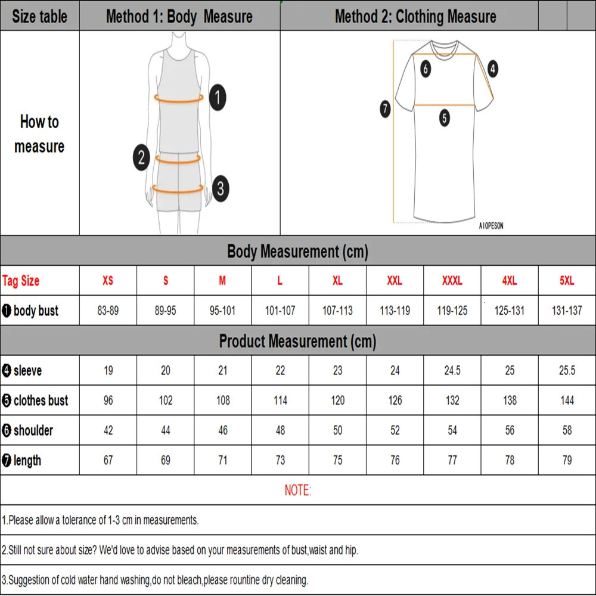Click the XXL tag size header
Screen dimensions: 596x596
tap(395, 281)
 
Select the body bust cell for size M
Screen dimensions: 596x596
tap(223, 311)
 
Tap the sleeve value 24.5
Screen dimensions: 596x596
tap(452, 371)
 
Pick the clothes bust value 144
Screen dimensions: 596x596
tap(567, 401)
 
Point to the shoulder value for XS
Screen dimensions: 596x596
tap(108, 430)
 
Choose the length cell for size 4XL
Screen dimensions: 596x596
tap(510, 460)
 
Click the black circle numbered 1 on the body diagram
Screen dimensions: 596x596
tap(218, 97)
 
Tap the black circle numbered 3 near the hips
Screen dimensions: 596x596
tap(220, 189)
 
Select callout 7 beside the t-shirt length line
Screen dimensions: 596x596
tap(385, 108)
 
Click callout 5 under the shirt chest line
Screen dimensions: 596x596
tap(445, 118)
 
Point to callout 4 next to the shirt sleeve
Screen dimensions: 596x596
tap(492, 69)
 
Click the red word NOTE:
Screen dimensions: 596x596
tap(297, 491)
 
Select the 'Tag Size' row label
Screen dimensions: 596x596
tap(21, 281)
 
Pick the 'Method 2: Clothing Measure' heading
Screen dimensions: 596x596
tap(415, 17)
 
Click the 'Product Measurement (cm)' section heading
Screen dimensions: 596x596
tap(297, 342)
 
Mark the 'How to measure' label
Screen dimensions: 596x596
tap(39, 134)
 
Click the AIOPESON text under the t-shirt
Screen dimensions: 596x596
tap(491, 226)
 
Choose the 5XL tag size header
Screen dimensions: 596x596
tap(567, 281)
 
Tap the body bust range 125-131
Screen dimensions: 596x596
tap(510, 311)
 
